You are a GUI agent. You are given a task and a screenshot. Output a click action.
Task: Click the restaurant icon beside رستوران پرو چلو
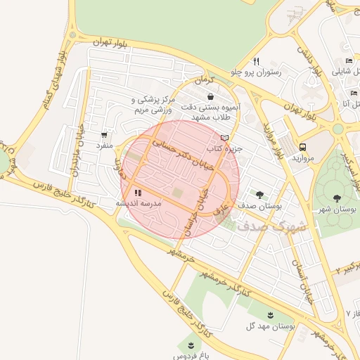(256, 61)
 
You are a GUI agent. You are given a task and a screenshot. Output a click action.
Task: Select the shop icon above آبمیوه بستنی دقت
(210, 96)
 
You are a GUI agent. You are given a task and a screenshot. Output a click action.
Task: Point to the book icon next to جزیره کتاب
(225, 138)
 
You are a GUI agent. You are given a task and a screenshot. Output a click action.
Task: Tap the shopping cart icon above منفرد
(105, 134)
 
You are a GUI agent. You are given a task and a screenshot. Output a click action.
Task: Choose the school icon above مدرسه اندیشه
(138, 192)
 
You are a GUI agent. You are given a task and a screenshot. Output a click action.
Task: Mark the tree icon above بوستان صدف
(260, 195)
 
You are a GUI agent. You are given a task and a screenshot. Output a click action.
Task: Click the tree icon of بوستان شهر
(335, 199)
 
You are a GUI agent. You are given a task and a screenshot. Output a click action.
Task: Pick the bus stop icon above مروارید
(302, 147)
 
